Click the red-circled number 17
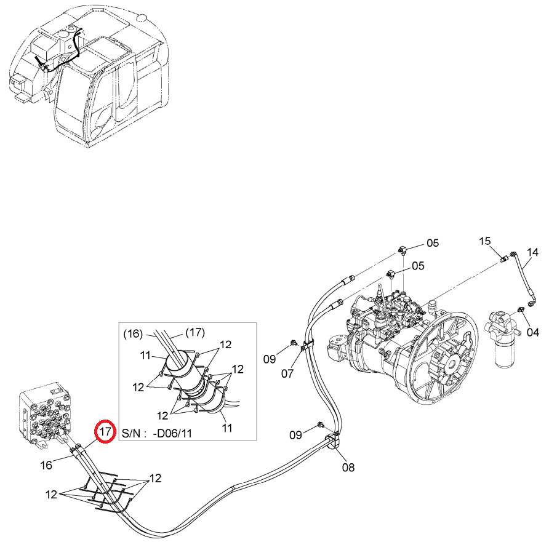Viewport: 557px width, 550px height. tap(105, 431)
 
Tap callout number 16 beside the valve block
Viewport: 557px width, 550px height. tap(46, 464)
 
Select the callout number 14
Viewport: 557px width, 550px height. tap(532, 252)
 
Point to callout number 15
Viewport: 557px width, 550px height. tap(485, 241)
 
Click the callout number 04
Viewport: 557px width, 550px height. tap(532, 332)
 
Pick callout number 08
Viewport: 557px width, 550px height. tap(348, 468)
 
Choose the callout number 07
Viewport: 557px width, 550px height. tap(287, 373)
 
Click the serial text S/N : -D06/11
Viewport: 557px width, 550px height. tap(157, 433)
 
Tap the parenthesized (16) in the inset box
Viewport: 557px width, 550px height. tap(133, 334)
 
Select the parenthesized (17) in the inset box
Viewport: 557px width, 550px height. tap(195, 332)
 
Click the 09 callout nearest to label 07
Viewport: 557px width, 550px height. tap(270, 359)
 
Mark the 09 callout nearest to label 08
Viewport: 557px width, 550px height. tap(295, 434)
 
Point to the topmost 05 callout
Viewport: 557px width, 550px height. tap(433, 243)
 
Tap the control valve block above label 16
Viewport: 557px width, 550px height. tap(46, 413)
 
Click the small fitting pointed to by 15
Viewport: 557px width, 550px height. tap(503, 259)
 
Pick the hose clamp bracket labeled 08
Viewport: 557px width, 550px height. tap(332, 440)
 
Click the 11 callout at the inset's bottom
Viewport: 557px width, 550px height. tap(227, 428)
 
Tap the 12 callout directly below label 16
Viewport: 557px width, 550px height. tap(51, 494)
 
